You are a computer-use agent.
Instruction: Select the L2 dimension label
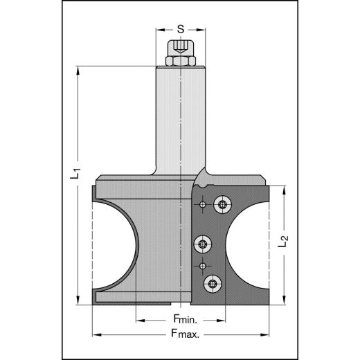coord(282,242)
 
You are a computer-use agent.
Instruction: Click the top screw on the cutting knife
coord(222,204)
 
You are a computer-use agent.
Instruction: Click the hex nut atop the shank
coord(180,62)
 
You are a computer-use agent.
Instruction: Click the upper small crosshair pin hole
coord(201,206)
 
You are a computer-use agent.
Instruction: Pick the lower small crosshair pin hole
coord(201,266)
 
